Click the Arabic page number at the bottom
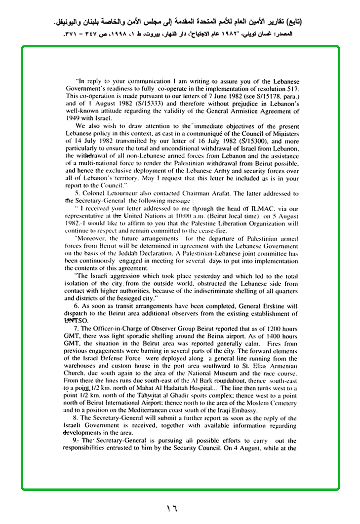171,507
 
